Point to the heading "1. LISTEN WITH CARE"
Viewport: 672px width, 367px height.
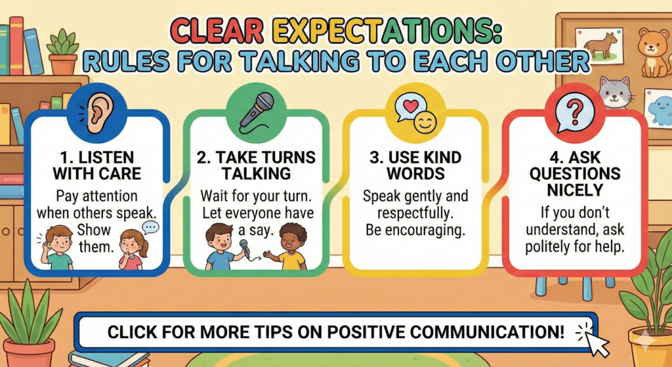point(93,166)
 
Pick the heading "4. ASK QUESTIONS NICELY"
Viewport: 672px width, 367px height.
point(574,174)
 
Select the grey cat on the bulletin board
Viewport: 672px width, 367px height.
point(614,92)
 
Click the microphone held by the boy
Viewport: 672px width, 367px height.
point(244,248)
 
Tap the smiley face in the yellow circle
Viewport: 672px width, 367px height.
point(425,122)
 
